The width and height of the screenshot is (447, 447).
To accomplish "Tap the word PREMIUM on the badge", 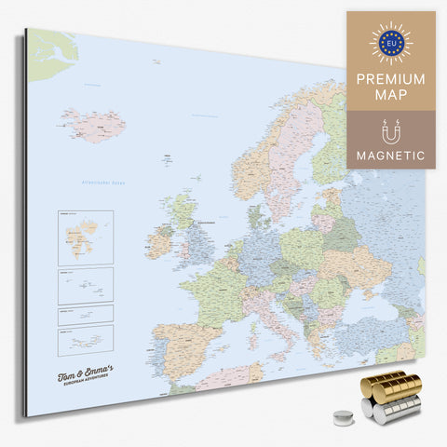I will tap(391, 78).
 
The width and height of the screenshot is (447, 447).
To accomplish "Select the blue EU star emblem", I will tap(391, 41).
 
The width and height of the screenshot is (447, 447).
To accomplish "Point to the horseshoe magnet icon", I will tap(391, 128).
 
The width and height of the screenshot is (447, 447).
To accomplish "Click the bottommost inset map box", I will tap(85, 338).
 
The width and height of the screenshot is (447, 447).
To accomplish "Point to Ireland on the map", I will tap(159, 244).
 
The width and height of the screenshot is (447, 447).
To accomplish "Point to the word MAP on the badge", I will tap(391, 97).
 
